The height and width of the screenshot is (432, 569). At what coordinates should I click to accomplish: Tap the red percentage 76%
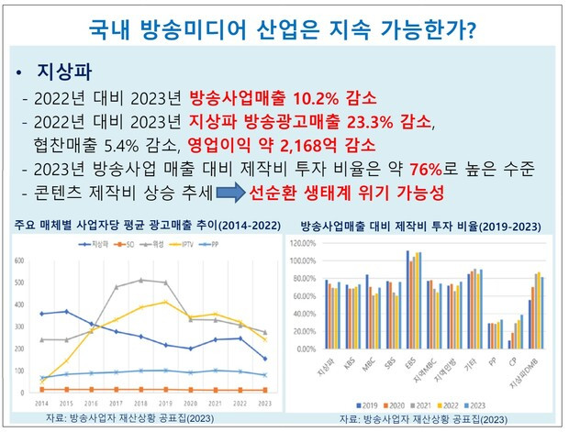399,170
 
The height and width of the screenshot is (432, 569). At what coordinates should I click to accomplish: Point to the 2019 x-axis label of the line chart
164,402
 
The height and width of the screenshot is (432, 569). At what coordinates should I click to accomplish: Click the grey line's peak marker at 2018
140,280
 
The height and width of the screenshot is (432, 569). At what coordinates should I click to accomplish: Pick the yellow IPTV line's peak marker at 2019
165,302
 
